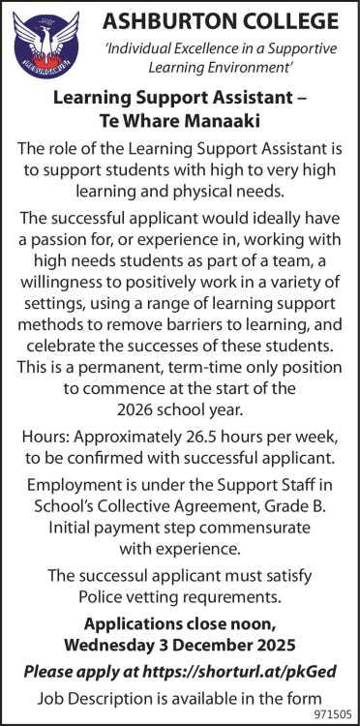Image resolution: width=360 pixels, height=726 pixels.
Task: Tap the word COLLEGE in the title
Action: (x=292, y=20)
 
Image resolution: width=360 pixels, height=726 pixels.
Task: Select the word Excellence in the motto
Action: (x=227, y=48)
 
